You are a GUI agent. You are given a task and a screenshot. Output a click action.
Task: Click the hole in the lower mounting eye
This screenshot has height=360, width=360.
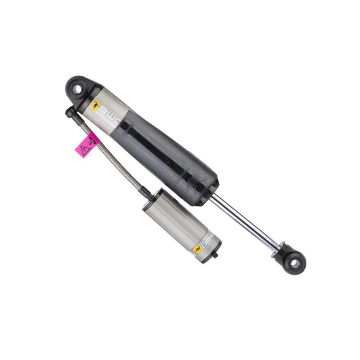295,264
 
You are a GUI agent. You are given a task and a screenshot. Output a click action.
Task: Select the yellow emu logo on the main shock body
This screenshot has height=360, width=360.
95,105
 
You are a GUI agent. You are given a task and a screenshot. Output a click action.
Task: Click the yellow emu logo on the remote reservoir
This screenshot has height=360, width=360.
197,249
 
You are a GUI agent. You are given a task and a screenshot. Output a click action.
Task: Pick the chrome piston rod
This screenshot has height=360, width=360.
245,221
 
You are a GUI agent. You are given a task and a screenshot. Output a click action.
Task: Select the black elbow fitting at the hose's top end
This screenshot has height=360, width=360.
71,113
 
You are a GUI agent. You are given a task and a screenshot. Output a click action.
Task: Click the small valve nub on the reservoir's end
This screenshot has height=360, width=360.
216,256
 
